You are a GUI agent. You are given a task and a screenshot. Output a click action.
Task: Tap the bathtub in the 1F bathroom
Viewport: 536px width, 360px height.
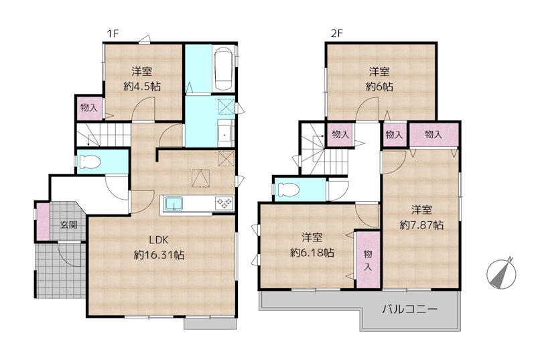[x=223, y=69]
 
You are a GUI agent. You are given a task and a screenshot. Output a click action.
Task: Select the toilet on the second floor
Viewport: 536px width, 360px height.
[x=286, y=188]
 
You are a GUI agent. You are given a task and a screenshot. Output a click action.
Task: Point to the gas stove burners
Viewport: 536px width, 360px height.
[x=223, y=203]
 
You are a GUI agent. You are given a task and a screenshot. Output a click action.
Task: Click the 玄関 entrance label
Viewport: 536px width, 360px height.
[x=68, y=225]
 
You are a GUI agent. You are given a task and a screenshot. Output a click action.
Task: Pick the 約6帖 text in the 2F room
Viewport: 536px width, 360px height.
[x=379, y=79]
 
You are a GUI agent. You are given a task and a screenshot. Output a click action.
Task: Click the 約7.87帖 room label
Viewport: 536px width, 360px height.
[x=421, y=217]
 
